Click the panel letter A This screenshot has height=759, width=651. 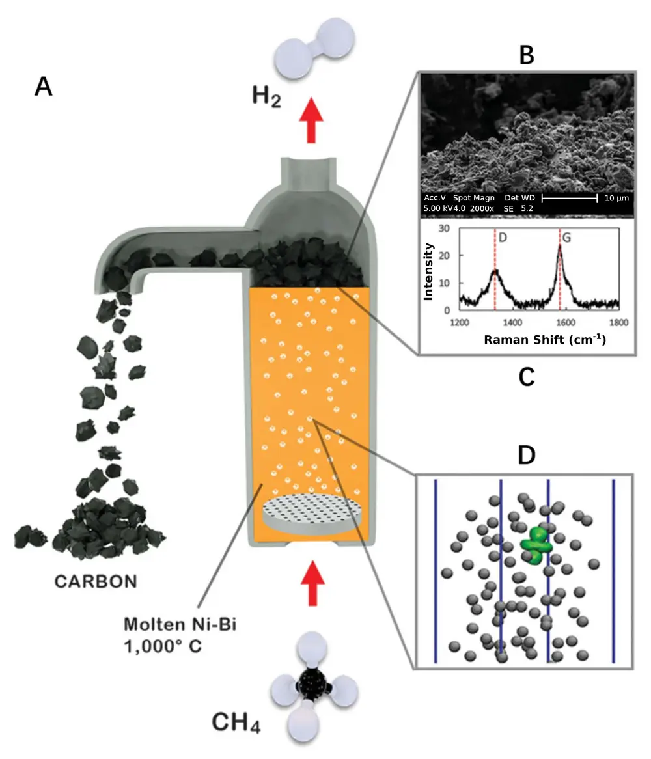(x=43, y=87)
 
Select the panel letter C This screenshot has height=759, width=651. (x=525, y=377)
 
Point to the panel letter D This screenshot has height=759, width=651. (x=525, y=455)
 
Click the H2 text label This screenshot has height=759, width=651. (x=268, y=97)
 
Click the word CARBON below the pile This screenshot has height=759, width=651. (x=96, y=580)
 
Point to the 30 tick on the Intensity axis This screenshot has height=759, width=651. (x=445, y=229)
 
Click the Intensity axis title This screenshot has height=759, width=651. (x=428, y=271)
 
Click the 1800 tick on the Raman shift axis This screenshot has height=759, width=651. (x=618, y=322)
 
